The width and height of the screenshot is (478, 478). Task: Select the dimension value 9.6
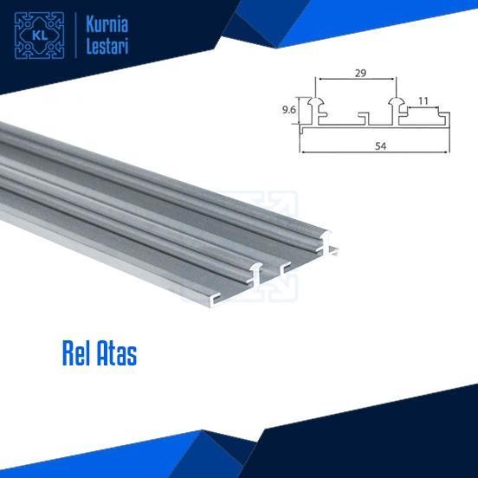(x=289, y=110)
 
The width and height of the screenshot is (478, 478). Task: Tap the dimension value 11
(x=423, y=101)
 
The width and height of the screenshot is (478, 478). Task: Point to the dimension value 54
(x=380, y=145)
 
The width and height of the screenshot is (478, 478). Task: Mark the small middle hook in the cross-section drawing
(x=365, y=116)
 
